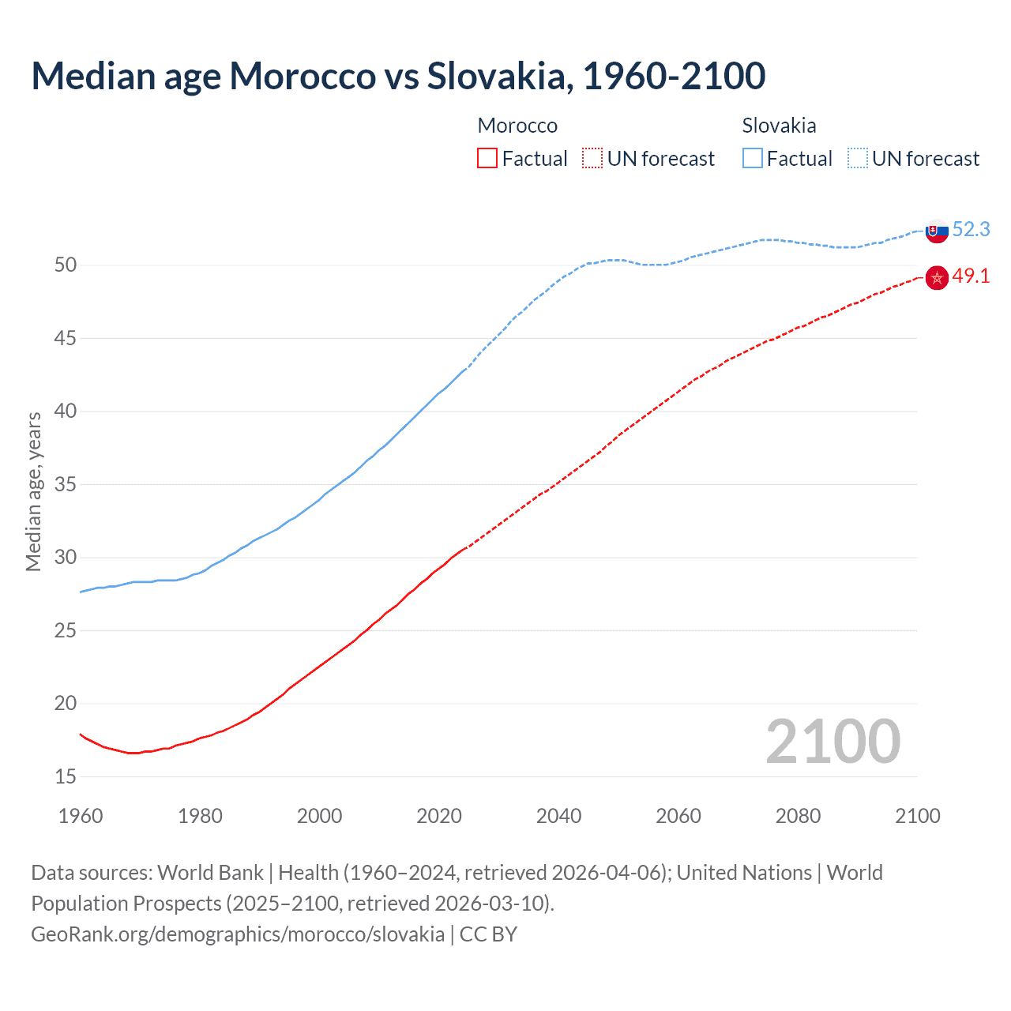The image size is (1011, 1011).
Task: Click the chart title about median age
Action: tap(398, 76)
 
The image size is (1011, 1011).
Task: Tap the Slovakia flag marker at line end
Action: tap(937, 231)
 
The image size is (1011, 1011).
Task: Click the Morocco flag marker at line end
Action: tap(937, 278)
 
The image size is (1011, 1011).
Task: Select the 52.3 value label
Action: tap(971, 229)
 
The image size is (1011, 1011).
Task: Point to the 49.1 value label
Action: tap(971, 276)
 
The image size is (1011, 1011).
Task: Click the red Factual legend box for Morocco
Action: tap(487, 159)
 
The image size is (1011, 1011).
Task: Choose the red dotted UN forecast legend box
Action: tap(592, 159)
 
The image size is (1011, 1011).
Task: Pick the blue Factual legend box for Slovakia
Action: tap(753, 159)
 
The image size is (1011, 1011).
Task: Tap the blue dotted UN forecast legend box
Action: tap(858, 159)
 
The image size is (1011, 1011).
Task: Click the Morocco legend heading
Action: tap(517, 126)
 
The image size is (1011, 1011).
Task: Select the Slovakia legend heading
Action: tap(779, 126)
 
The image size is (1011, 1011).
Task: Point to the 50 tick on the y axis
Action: tap(66, 265)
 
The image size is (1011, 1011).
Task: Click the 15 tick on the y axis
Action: tap(66, 776)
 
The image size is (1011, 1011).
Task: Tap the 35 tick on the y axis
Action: tap(66, 484)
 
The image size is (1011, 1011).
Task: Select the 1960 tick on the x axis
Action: tap(81, 816)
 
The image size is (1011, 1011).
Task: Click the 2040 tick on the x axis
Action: tap(558, 816)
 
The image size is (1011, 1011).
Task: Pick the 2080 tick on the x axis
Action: tap(798, 816)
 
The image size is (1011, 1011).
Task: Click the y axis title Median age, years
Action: tap(33, 491)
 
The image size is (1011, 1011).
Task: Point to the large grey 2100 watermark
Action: tap(832, 742)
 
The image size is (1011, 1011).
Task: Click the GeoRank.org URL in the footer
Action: tap(238, 934)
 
